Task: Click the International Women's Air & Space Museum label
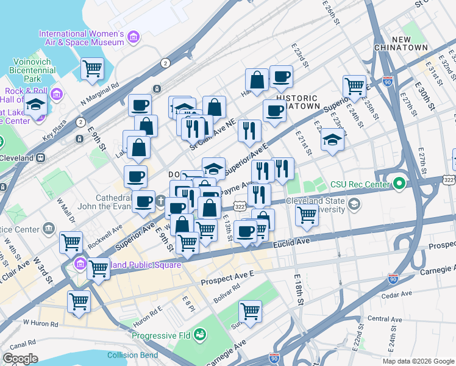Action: click(82, 38)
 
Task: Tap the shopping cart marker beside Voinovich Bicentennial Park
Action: click(93, 68)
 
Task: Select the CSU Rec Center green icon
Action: click(399, 184)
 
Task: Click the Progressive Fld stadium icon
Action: click(200, 335)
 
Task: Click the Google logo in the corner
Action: click(20, 359)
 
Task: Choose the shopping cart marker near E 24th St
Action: click(354, 87)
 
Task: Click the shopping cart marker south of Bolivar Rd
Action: click(250, 311)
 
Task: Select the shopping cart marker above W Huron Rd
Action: click(79, 301)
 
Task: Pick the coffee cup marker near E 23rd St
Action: click(281, 77)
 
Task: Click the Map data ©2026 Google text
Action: click(418, 361)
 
